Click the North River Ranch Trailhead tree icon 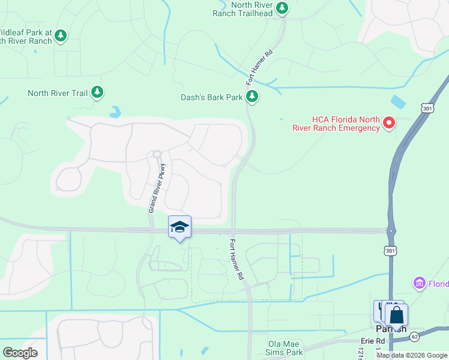click(x=282, y=8)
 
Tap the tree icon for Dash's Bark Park click(x=252, y=97)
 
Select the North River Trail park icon click(x=97, y=93)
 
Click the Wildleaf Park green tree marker click(x=60, y=36)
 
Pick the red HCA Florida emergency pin click(x=388, y=124)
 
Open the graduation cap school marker click(x=179, y=227)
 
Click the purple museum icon click(x=419, y=283)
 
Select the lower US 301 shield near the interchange click(x=391, y=250)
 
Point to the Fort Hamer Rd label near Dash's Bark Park click(x=259, y=67)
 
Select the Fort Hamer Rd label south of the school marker click(x=237, y=259)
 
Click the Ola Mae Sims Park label click(x=286, y=348)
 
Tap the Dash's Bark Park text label click(x=212, y=97)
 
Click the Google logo click(x=20, y=353)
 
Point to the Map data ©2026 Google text click(x=412, y=355)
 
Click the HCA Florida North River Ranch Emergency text click(x=336, y=124)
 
